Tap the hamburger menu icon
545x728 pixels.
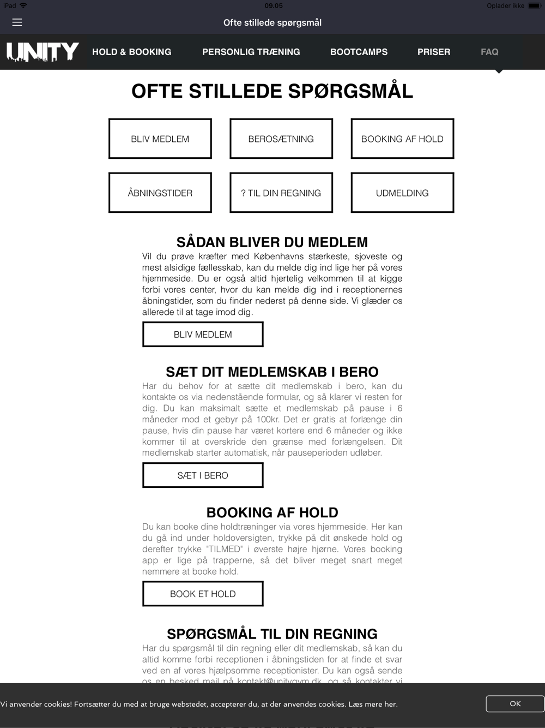[x=17, y=22]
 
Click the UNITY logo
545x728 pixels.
[x=43, y=52]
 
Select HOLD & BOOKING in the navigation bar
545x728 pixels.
[x=131, y=52]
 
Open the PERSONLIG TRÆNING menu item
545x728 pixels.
[x=251, y=52]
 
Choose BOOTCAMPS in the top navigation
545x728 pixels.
[x=359, y=52]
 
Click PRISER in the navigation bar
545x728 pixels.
[x=434, y=52]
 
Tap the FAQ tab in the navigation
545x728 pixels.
[x=489, y=52]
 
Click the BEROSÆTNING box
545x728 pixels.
[x=281, y=139]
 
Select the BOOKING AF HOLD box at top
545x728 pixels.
[x=402, y=139]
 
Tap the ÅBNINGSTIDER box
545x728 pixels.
[x=160, y=193]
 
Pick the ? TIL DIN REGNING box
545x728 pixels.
[x=281, y=193]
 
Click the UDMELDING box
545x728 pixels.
[x=402, y=193]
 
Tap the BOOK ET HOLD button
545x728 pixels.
[x=203, y=594]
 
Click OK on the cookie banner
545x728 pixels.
[x=515, y=704]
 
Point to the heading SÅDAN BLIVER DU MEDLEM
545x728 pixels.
[x=272, y=242]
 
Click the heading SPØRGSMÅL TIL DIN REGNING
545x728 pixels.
[x=272, y=634]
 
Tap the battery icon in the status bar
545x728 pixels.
[x=534, y=5]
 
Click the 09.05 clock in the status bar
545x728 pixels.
[x=274, y=5]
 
